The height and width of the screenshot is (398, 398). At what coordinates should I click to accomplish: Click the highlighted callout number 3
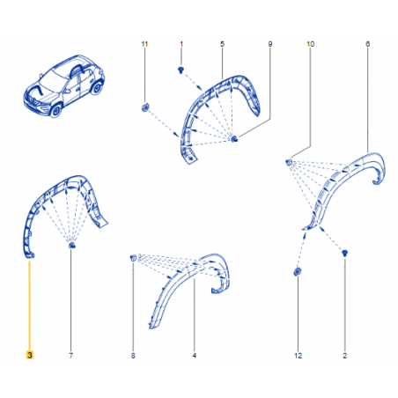[x=30, y=355]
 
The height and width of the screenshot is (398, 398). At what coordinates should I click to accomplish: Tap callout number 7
[x=70, y=356]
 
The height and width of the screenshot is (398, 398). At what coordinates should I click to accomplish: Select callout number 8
[x=133, y=356]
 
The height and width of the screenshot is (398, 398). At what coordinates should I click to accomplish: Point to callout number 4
[x=195, y=356]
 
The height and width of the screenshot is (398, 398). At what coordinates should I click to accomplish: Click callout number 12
[x=298, y=356]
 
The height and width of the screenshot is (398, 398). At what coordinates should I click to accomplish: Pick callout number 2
[x=345, y=356]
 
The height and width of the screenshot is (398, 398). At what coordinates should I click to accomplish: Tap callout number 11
[x=144, y=44]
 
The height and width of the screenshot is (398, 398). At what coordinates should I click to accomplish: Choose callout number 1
[x=181, y=44]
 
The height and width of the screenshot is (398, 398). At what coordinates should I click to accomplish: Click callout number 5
[x=222, y=44]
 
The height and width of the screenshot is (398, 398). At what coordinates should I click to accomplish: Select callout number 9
[x=270, y=44]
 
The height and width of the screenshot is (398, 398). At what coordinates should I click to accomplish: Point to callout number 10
[x=310, y=44]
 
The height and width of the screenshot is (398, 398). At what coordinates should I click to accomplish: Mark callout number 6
[x=367, y=44]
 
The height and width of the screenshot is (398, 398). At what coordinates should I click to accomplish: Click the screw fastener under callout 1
[x=181, y=70]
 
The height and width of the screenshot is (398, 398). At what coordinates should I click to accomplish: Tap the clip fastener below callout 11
[x=145, y=107]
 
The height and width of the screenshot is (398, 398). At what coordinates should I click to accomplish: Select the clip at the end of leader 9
[x=234, y=138]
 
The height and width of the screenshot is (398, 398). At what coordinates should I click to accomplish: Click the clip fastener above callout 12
[x=298, y=271]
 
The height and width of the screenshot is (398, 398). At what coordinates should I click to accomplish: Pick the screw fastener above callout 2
[x=345, y=253]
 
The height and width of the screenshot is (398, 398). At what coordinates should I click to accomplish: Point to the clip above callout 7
[x=71, y=245]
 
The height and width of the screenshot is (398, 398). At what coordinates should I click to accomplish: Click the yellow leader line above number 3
[x=29, y=305]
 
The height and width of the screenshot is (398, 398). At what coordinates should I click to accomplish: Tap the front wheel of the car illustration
[x=55, y=110]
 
